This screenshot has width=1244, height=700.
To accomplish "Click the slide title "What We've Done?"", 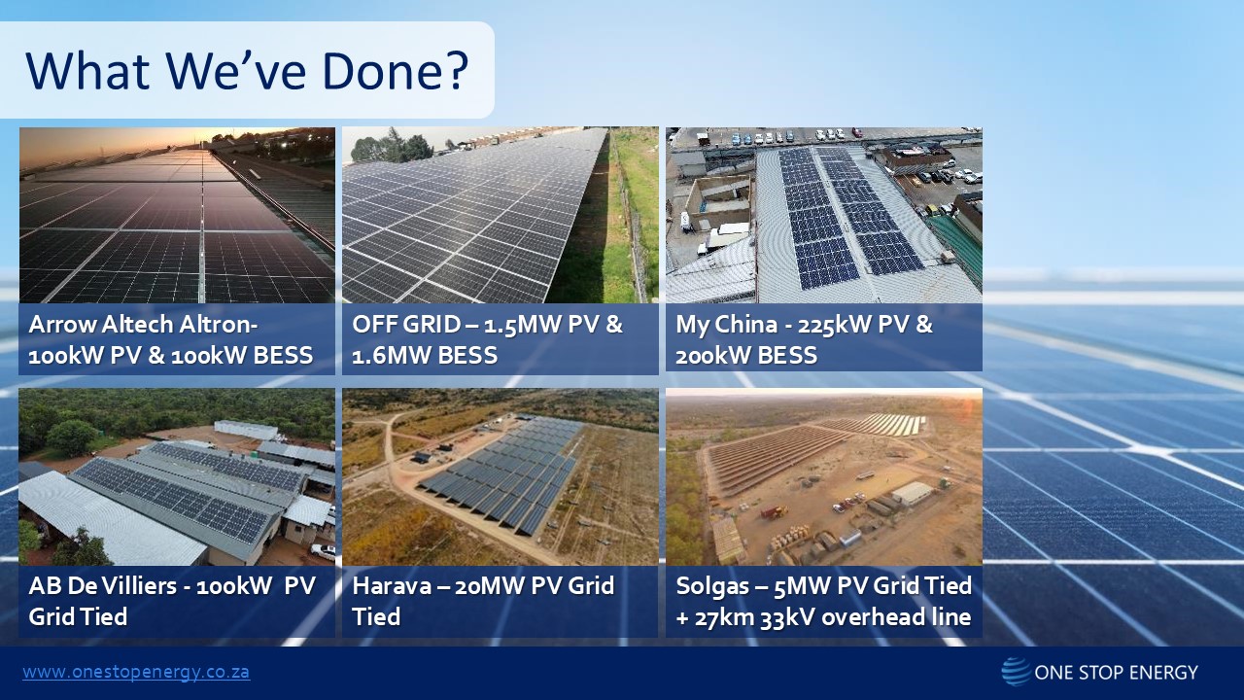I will [247, 71].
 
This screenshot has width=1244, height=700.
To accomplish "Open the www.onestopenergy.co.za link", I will [136, 672].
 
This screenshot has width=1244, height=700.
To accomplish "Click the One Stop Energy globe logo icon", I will [1016, 672].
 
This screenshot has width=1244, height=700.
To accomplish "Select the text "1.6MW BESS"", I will [425, 356].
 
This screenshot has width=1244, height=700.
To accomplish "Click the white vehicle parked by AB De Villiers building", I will [323, 551].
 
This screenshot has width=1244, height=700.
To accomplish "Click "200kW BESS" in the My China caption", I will [746, 356].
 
